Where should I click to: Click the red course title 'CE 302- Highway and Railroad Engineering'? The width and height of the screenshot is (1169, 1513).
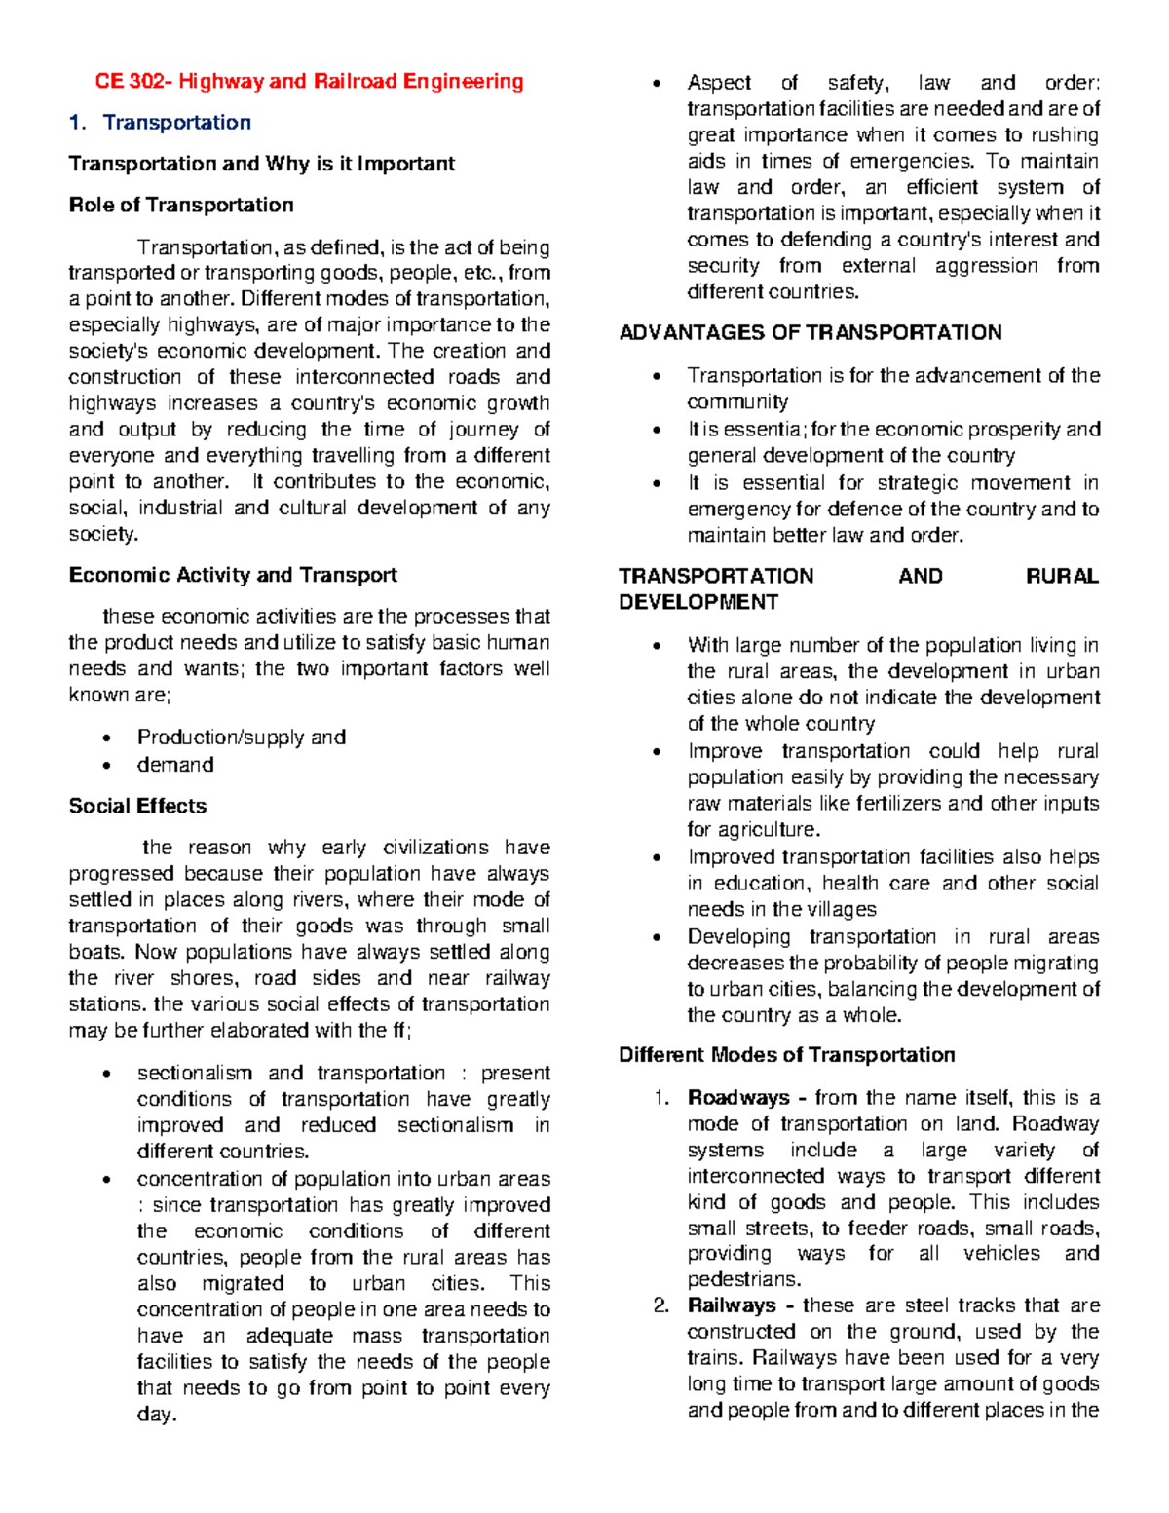point(309,82)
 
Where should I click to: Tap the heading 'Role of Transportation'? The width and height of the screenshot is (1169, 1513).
point(181,206)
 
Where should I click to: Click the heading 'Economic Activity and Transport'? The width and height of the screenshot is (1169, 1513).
point(233,576)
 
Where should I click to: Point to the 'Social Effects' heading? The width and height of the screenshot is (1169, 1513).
point(137,807)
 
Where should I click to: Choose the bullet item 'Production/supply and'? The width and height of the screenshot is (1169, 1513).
point(241,738)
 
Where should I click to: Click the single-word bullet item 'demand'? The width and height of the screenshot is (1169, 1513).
point(175,765)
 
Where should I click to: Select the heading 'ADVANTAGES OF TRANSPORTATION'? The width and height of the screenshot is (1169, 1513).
point(811,333)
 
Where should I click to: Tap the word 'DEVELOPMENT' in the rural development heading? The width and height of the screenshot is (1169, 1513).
point(698,603)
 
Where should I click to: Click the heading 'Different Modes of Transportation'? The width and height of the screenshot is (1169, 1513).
point(787,1055)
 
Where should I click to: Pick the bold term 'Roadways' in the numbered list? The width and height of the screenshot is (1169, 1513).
point(738,1098)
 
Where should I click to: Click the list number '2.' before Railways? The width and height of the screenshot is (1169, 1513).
point(661,1305)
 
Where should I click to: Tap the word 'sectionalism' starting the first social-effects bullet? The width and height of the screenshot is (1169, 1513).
point(194,1074)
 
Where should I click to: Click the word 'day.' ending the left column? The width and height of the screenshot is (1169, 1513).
point(157,1415)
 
